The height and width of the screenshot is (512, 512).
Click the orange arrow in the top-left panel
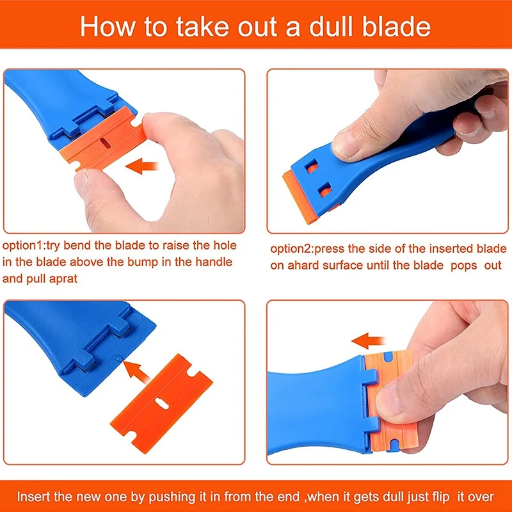(x=142, y=166)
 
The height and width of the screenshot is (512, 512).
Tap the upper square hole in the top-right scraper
(x=311, y=166)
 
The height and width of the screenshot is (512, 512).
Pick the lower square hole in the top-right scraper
(x=324, y=190)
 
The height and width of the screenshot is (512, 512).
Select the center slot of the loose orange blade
(x=161, y=404)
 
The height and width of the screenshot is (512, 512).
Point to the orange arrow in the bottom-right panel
(x=369, y=341)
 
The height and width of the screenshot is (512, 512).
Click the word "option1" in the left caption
(x=22, y=246)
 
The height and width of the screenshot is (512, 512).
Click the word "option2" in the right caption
(x=292, y=249)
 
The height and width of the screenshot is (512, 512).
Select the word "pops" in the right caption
(x=463, y=266)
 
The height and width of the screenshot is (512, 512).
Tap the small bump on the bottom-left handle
(x=118, y=358)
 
